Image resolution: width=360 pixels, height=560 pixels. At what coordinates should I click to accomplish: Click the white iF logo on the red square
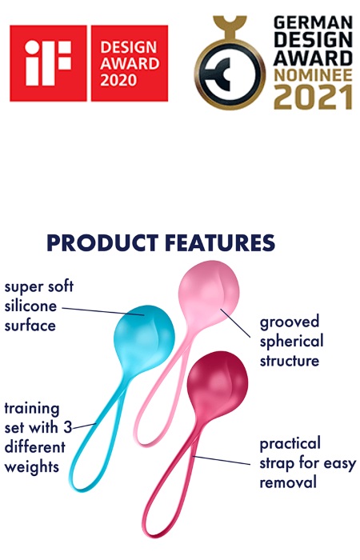click(x=48, y=63)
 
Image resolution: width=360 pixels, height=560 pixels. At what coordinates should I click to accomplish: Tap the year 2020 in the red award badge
click(x=118, y=80)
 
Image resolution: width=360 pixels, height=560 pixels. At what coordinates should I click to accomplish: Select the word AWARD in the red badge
click(x=130, y=64)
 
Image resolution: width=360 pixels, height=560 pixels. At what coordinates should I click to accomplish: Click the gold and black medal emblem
click(x=230, y=63)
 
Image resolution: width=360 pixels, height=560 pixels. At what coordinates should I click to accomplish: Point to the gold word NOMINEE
click(x=313, y=75)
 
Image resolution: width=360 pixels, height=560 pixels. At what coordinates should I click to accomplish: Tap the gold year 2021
click(x=314, y=97)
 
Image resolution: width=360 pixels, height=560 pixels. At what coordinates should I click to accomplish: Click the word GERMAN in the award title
click(x=313, y=23)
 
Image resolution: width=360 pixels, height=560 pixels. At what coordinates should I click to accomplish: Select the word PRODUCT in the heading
click(x=103, y=243)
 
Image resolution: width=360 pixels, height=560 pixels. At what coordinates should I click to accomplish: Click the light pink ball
click(x=209, y=291)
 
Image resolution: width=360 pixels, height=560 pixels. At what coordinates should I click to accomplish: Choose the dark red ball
click(x=217, y=382)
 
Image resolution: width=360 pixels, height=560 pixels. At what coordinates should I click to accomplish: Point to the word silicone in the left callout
click(x=30, y=306)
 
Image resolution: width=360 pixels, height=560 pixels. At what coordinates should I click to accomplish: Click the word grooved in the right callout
click(x=290, y=322)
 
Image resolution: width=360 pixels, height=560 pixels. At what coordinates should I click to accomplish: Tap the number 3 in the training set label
click(x=68, y=427)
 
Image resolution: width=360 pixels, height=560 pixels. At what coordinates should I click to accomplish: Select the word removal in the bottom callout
click(x=288, y=482)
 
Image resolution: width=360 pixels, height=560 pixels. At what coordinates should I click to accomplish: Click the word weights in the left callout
click(x=32, y=467)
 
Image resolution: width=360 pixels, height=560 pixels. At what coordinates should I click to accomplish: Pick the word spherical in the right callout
click(x=291, y=342)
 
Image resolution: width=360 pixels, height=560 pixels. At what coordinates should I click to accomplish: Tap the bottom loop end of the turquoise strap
click(x=76, y=486)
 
